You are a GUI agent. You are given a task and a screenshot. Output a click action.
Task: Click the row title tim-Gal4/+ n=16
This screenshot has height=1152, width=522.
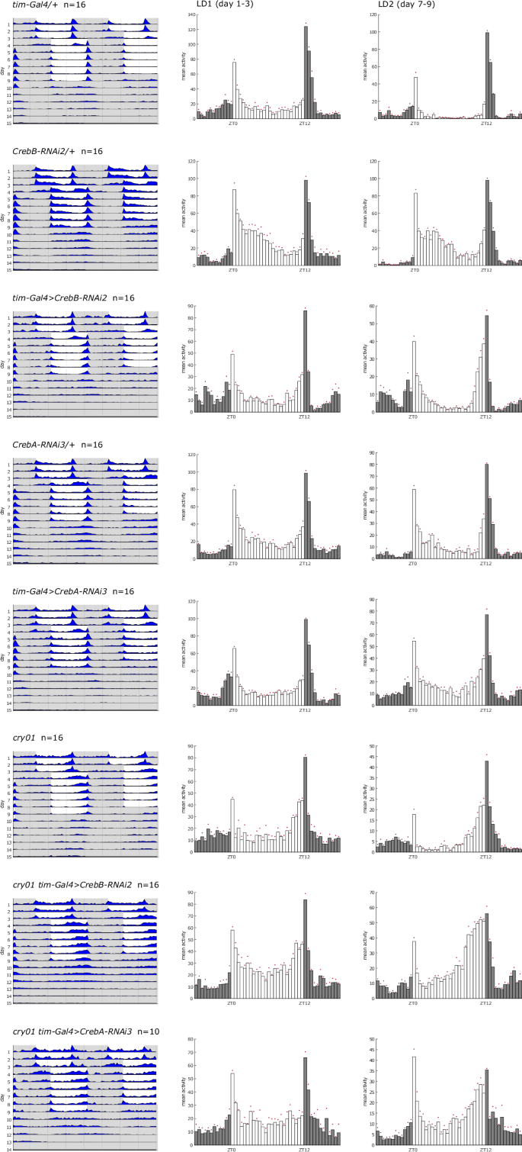[x=50, y=5]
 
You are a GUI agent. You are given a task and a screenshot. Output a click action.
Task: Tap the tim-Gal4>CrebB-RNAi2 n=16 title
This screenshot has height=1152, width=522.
[x=73, y=298]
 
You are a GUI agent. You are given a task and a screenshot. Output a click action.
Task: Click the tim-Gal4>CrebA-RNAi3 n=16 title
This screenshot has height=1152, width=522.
[x=73, y=591]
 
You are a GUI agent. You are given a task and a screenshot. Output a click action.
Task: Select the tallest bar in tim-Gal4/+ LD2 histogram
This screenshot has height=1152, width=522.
[x=488, y=75]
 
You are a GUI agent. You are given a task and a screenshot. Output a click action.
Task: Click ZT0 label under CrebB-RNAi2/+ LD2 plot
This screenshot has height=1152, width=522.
[x=412, y=270]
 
